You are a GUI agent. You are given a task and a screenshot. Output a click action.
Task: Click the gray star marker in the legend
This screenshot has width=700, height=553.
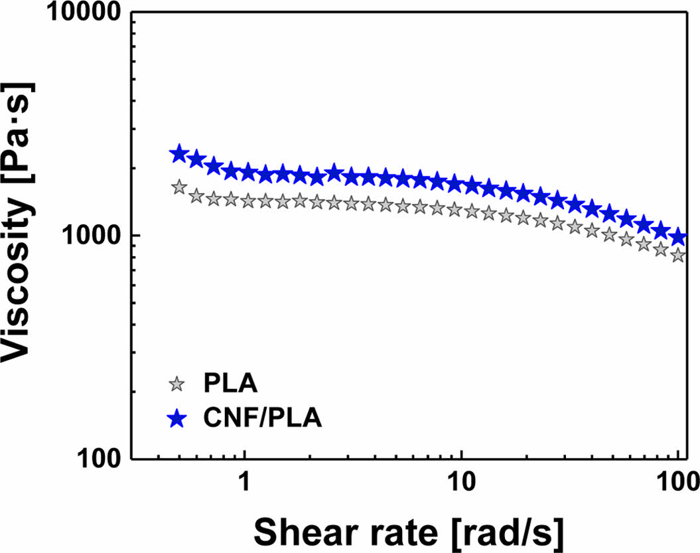[x=176, y=384]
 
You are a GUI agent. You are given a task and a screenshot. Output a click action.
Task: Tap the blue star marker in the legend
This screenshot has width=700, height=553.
[x=176, y=418]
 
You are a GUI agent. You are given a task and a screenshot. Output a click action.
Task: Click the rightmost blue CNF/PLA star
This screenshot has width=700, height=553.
[x=677, y=237]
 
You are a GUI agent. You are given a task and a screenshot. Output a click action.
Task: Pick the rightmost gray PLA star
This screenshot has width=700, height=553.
[x=677, y=255]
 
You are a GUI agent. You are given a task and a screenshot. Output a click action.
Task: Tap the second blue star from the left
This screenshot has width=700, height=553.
[x=196, y=159]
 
